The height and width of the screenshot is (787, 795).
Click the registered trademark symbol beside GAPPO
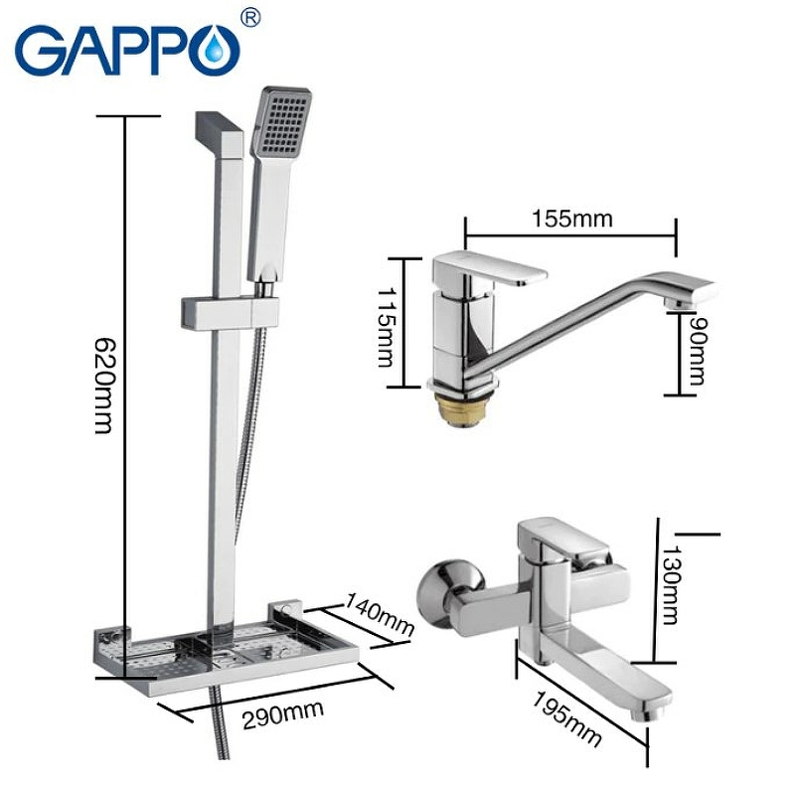coord(251,17)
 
